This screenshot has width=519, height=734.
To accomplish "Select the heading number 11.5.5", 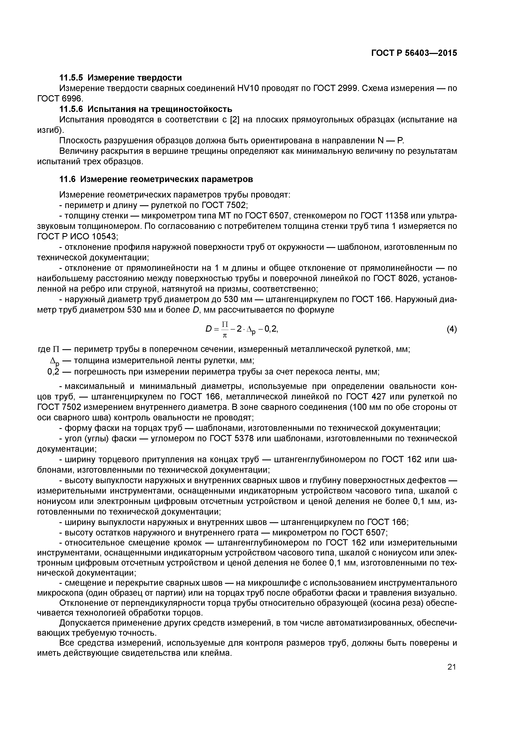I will (71, 78).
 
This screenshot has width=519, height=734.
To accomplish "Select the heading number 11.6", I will (67, 179).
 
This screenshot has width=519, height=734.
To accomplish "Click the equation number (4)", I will (452, 329).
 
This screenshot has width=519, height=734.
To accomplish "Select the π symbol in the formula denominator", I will (225, 336).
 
